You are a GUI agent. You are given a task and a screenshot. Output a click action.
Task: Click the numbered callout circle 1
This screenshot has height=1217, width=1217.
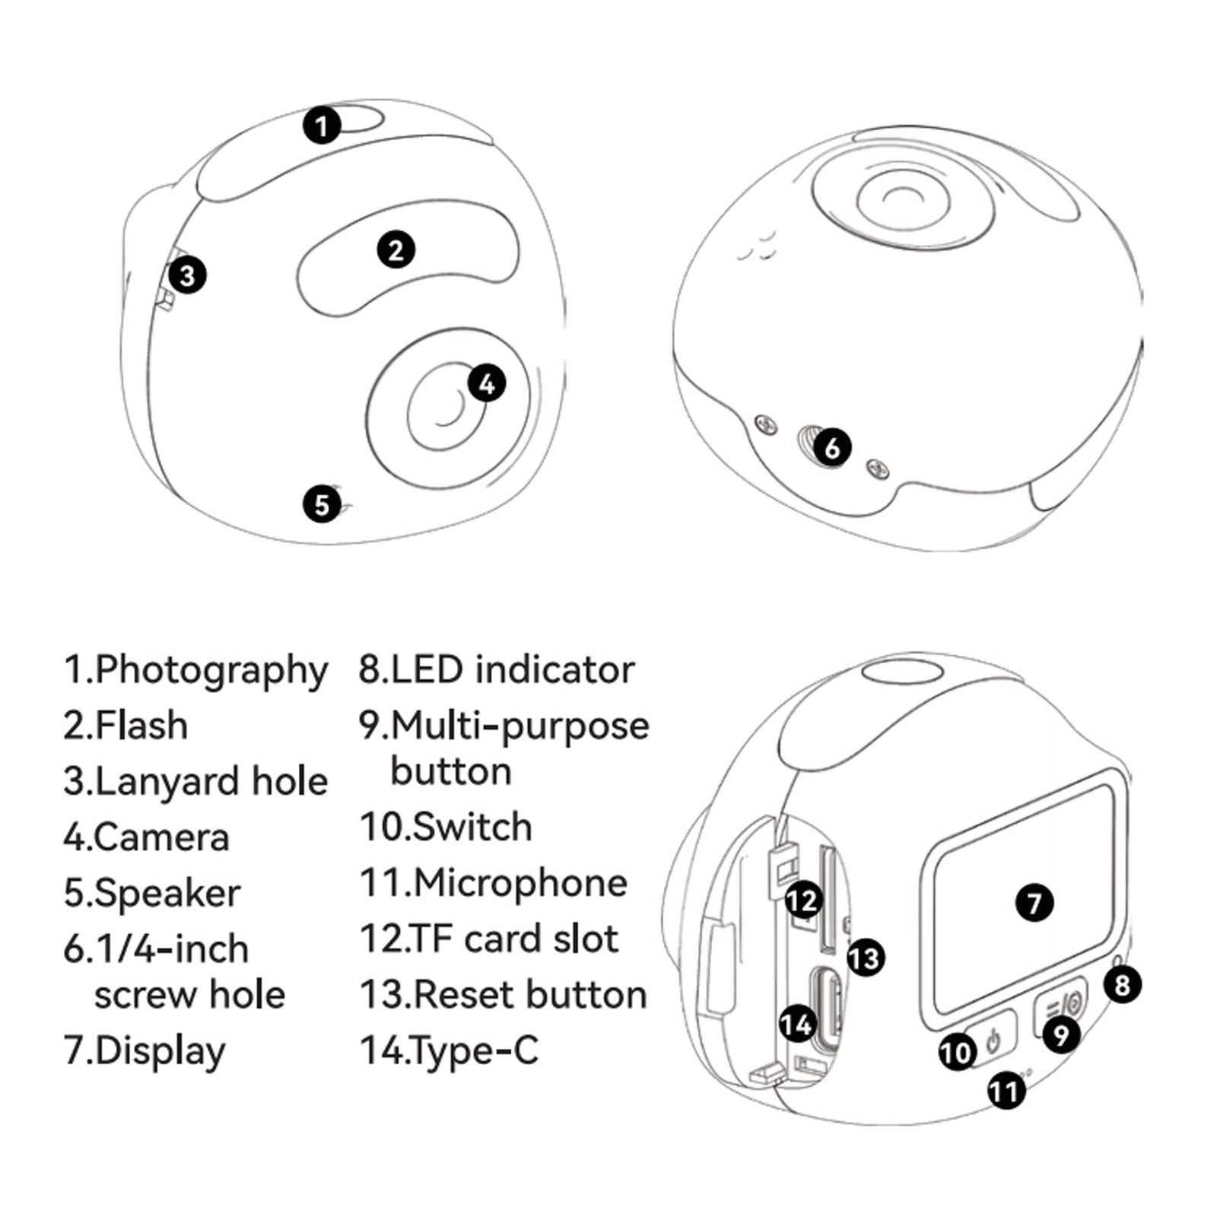[x=322, y=126]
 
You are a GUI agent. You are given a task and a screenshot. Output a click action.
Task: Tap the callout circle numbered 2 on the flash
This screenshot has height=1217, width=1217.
[x=396, y=249]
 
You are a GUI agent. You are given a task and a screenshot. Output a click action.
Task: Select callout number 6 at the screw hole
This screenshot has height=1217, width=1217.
[x=832, y=447]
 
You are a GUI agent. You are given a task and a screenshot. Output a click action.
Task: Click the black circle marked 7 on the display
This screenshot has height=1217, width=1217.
[x=1034, y=903]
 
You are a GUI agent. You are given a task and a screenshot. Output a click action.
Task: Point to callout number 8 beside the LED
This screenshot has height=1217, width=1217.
[x=1122, y=985]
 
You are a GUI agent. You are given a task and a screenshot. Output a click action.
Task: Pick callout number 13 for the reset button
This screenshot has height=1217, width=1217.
[x=866, y=958]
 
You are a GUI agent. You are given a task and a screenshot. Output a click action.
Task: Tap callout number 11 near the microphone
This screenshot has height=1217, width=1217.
[x=1006, y=1091]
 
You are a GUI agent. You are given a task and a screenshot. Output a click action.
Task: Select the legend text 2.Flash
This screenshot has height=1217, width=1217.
[x=126, y=725]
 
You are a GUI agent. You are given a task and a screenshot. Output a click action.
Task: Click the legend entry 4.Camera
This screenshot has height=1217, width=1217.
[x=146, y=837]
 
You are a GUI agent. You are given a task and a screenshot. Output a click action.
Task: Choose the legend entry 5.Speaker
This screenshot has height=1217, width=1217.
[x=152, y=894]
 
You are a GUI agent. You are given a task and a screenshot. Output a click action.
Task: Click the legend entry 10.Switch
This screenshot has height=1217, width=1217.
[x=446, y=827]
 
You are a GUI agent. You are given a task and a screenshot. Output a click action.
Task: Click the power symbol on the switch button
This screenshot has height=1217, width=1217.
[x=993, y=1039]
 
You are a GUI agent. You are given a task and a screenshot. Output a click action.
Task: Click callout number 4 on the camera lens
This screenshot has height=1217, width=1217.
[x=487, y=383]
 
